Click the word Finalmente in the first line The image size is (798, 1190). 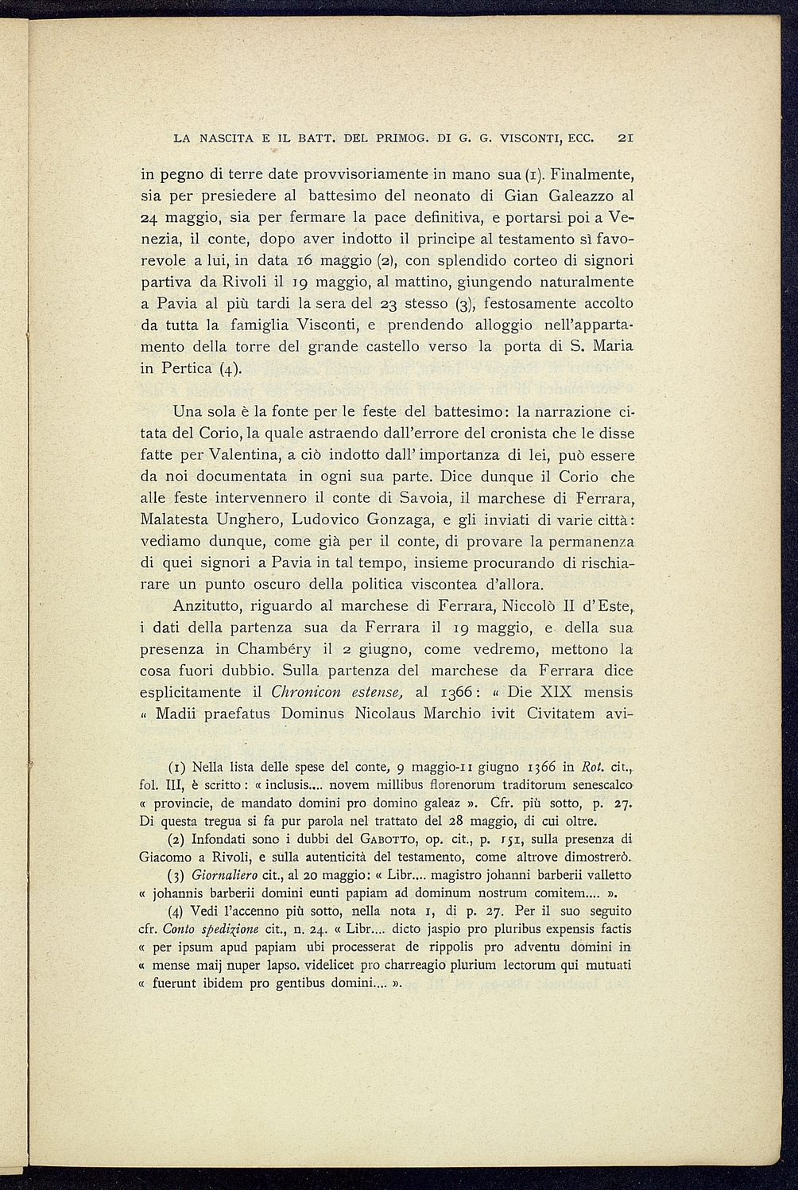pyautogui.click(x=593, y=173)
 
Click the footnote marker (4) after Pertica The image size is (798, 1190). pyautogui.click(x=227, y=369)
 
